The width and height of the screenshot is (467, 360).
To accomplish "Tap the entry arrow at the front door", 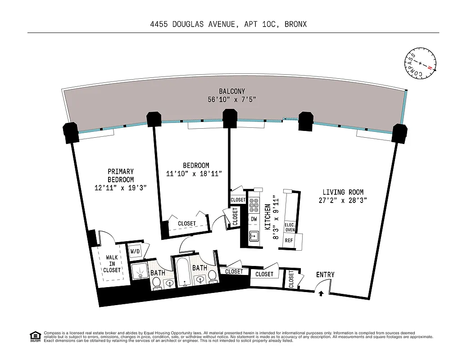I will pos(321,294).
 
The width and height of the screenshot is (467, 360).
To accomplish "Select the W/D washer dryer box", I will pos(135,251).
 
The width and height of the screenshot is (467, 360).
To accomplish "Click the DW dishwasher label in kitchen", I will pos(254,219).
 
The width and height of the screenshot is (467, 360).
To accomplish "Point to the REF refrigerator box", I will pos(289,240).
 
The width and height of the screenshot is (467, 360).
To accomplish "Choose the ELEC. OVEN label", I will pos(290,227).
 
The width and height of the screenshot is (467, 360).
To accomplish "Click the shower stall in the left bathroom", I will pos(140,271).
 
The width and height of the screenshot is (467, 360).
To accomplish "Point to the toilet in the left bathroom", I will pos(156,283).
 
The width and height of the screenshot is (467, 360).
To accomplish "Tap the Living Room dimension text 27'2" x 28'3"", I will pos(343,201).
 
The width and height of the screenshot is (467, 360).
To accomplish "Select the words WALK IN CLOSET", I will pos(112,264).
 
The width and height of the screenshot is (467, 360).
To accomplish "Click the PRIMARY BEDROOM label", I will pos(121,175).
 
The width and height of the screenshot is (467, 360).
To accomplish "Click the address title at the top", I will pos(228,24).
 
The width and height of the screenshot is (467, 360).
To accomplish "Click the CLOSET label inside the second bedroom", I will pos(187,224).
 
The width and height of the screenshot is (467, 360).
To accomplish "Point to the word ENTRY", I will pos(325,274).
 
